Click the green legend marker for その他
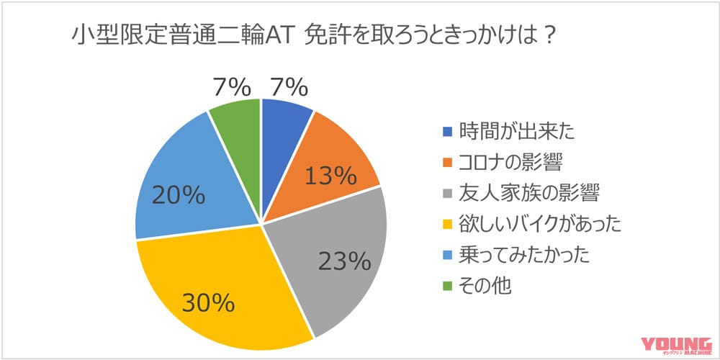(446, 285)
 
